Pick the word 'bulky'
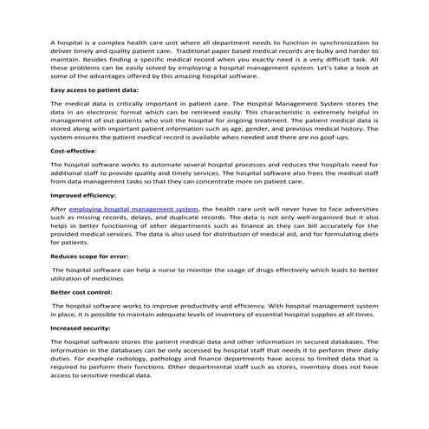click(323, 50)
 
